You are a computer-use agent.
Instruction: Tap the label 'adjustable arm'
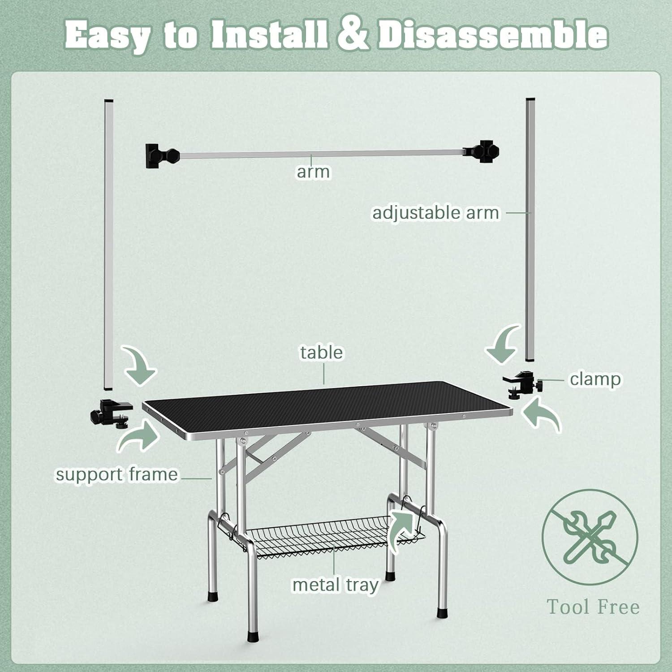coord(435,213)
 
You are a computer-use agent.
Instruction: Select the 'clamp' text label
coord(595,379)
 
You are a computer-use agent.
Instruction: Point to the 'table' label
coord(321,352)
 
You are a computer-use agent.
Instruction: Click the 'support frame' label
coord(116,474)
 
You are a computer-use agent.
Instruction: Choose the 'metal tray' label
coord(336,585)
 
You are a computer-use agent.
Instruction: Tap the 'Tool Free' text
coord(593,607)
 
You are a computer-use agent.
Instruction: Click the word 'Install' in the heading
coord(268,34)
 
